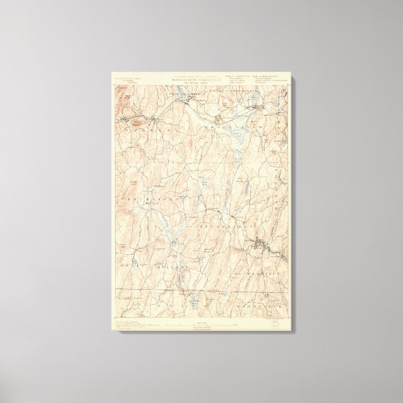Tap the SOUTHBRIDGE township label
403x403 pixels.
[x=263, y=273]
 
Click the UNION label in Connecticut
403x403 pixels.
[x=188, y=304]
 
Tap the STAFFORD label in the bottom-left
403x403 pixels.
[x=125, y=306]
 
